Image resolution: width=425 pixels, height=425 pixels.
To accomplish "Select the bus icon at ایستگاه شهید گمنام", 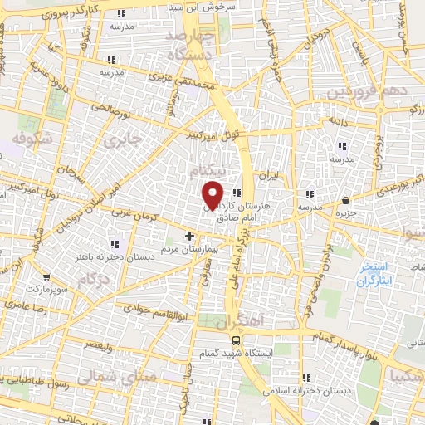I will (x=236, y=340).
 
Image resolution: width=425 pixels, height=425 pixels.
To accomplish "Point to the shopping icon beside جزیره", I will (x=344, y=200).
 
